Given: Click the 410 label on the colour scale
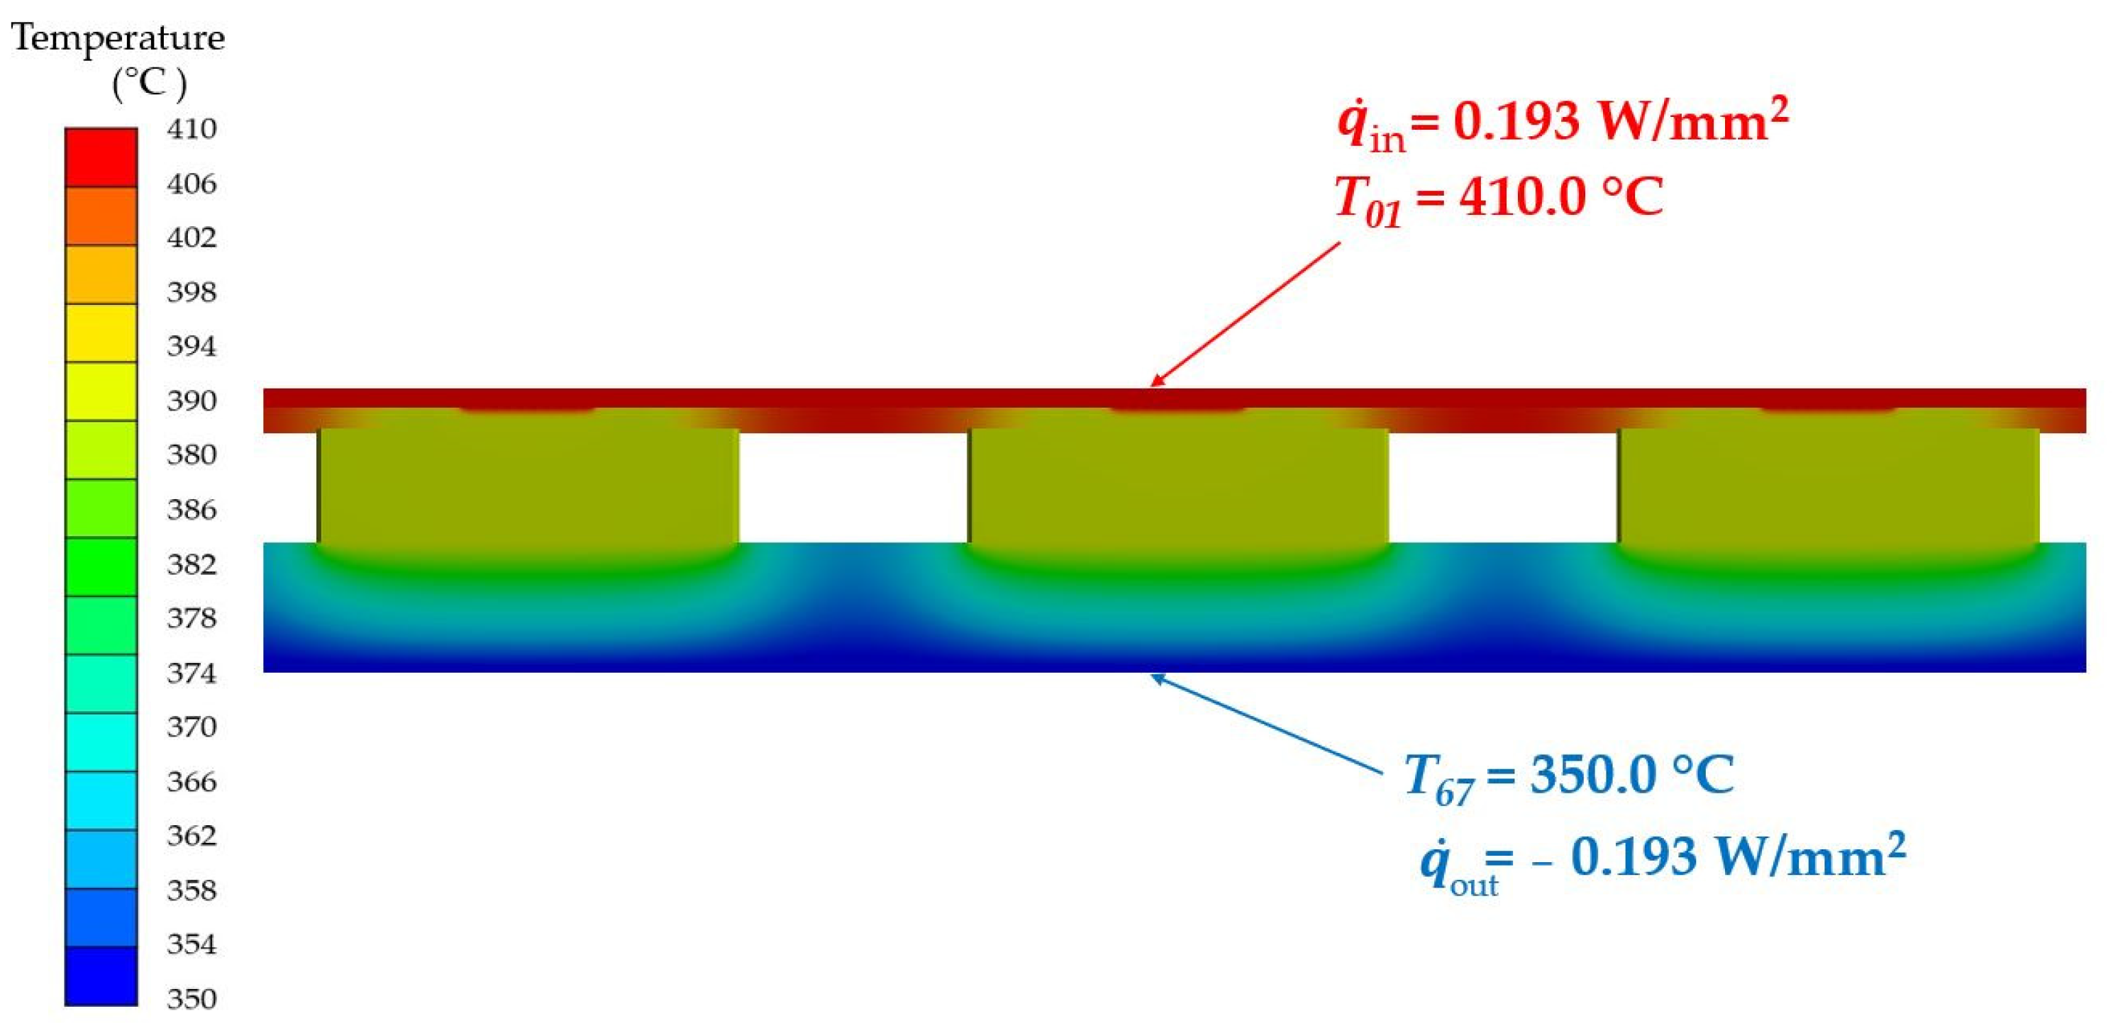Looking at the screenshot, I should pyautogui.click(x=191, y=130).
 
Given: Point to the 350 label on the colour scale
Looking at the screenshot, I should pyautogui.click(x=191, y=998).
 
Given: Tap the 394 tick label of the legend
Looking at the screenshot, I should pyautogui.click(x=191, y=346).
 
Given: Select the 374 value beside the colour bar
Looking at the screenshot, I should pyautogui.click(x=191, y=673).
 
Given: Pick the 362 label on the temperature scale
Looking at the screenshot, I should pyautogui.click(x=191, y=835).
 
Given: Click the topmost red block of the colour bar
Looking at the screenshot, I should pyautogui.click(x=101, y=157).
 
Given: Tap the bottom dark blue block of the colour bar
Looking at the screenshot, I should pyautogui.click(x=101, y=976).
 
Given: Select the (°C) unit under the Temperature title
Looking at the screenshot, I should pyautogui.click(x=149, y=83).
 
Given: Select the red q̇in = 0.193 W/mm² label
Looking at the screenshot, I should pyautogui.click(x=1563, y=123).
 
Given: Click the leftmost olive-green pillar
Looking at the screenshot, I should pyautogui.click(x=528, y=486).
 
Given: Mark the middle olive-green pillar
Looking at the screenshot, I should pyautogui.click(x=1179, y=486).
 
